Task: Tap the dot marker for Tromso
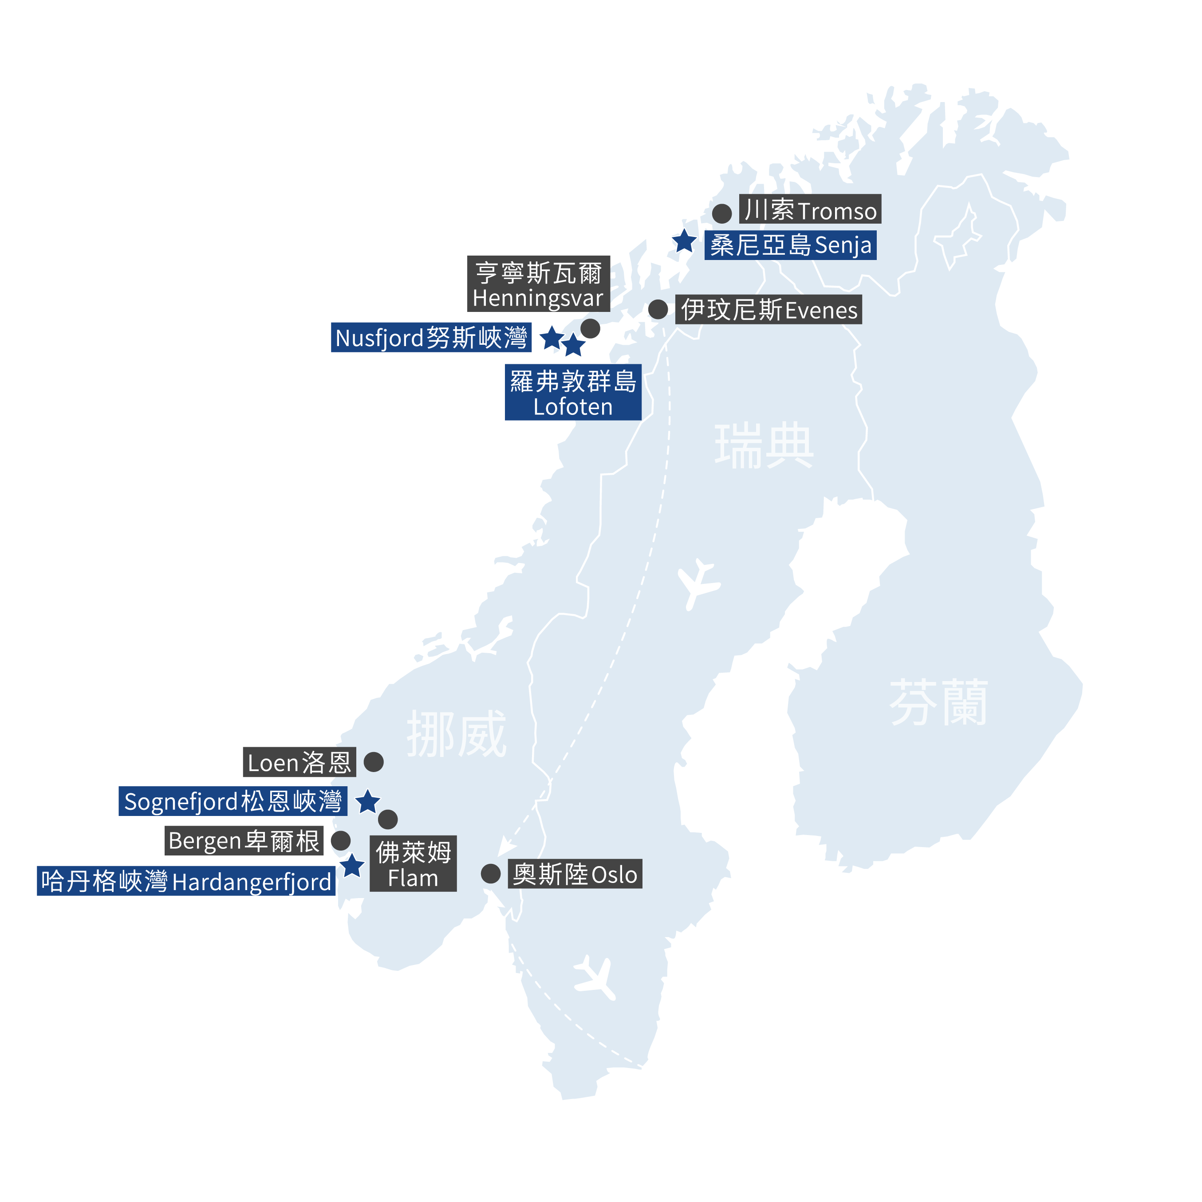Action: [x=722, y=213]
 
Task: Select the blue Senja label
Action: [x=790, y=245]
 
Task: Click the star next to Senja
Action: [x=684, y=241]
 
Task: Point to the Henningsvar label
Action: [x=538, y=284]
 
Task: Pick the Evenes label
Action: [x=768, y=310]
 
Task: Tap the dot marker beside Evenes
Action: [x=658, y=309]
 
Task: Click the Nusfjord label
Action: [x=431, y=338]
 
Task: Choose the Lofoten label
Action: [x=573, y=393]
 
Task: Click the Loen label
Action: [x=299, y=762]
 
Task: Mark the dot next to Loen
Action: [x=373, y=761]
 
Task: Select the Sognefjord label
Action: [x=233, y=801]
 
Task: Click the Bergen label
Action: [x=244, y=840]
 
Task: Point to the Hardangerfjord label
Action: [x=186, y=881]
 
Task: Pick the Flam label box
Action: [x=413, y=863]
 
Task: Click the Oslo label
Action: [x=575, y=874]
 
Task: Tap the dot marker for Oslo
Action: [x=491, y=874]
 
